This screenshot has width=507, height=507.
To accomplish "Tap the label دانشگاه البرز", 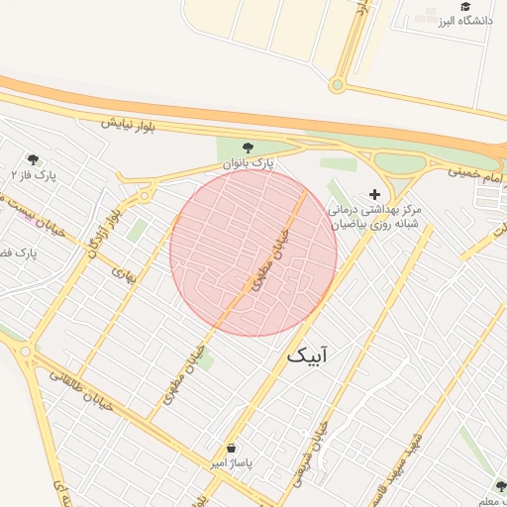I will [464, 21].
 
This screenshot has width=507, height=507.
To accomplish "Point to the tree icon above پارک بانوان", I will [248, 147].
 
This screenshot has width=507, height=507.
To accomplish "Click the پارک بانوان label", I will [247, 160].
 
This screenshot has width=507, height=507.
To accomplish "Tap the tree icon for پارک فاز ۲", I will [33, 159].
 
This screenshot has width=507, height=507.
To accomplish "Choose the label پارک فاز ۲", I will [33, 175].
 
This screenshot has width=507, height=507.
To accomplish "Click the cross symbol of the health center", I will [373, 194].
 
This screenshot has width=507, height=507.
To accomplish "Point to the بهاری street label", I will [123, 270].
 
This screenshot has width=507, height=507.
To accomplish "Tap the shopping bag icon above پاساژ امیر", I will [231, 449].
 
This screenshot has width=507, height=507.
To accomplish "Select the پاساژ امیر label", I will [231, 463].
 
